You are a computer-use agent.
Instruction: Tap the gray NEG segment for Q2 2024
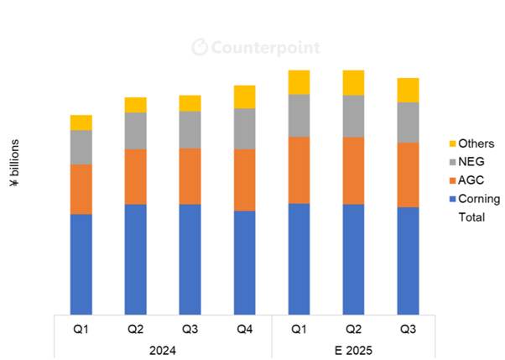136,130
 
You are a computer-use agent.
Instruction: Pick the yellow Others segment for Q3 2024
190,103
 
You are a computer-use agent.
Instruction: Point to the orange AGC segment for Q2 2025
354,170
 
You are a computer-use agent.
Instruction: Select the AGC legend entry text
471,180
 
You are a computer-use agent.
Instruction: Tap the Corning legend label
479,199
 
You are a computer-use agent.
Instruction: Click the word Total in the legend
471,217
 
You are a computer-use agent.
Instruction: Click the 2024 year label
163,349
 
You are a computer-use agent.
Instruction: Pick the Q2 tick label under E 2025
354,328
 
